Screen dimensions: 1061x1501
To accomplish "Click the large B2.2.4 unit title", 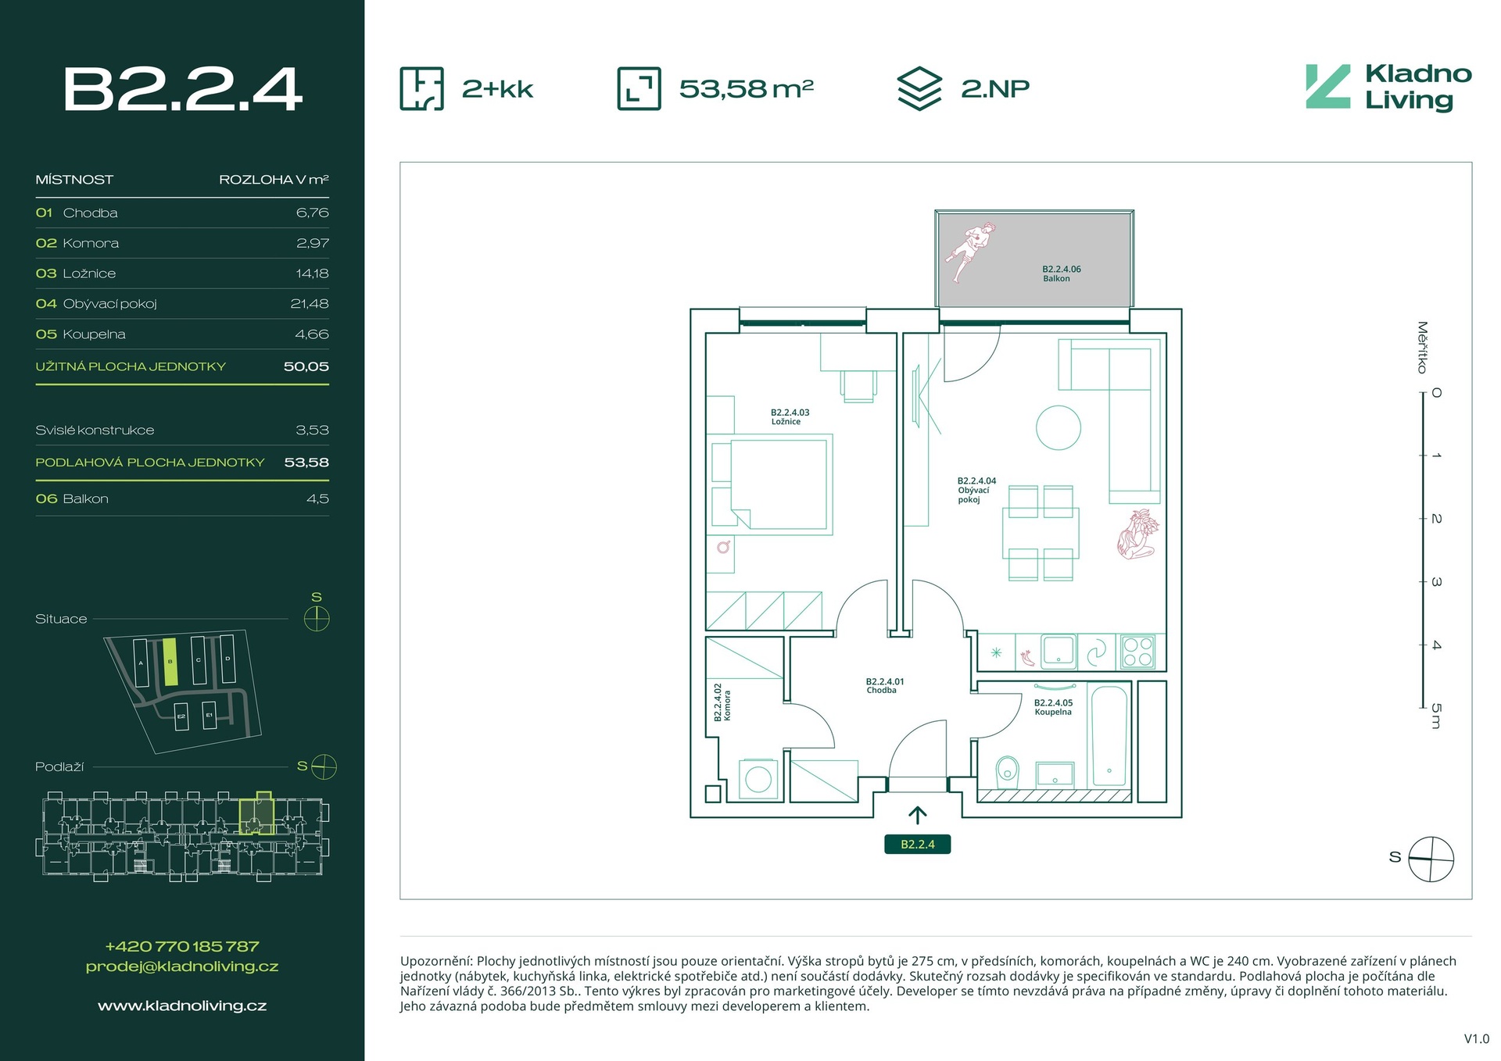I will pyautogui.click(x=182, y=89).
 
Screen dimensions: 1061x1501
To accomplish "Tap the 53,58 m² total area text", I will pyautogui.click(x=746, y=89).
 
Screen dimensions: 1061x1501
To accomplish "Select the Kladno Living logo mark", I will pyautogui.click(x=1327, y=87).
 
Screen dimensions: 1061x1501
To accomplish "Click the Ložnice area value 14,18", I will pyautogui.click(x=312, y=273).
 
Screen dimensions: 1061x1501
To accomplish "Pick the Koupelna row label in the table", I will pyautogui.click(x=94, y=334).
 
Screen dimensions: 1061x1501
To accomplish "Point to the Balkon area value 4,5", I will pyautogui.click(x=317, y=498).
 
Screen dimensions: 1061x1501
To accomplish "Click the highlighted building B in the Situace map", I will pyautogui.click(x=170, y=662).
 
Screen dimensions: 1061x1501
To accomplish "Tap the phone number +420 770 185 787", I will pyautogui.click(x=182, y=946).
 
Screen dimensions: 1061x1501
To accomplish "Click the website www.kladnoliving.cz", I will pyautogui.click(x=182, y=1006).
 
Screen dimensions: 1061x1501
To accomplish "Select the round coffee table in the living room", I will pyautogui.click(x=1059, y=427).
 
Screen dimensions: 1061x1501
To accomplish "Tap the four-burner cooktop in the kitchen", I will pyautogui.click(x=1137, y=652).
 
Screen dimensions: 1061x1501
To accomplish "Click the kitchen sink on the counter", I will pyautogui.click(x=1059, y=651).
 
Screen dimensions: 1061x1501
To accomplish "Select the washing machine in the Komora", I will pyautogui.click(x=758, y=779).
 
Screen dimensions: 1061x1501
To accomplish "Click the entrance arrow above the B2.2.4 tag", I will pyautogui.click(x=917, y=815).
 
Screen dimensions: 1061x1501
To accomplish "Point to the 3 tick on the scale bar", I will pyautogui.click(x=1425, y=582).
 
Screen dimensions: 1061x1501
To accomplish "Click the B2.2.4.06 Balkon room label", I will pyautogui.click(x=1061, y=273).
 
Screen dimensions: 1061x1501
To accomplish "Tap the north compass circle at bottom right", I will pyautogui.click(x=1431, y=859).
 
